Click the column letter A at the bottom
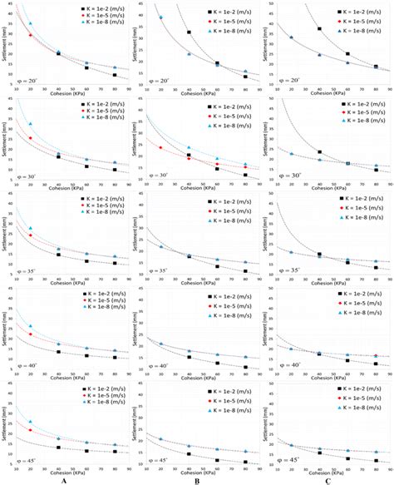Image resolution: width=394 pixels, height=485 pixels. [x=64, y=479]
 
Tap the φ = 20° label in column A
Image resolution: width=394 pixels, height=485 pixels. [x=27, y=81]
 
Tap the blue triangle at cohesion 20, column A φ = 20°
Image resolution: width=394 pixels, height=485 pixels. [x=31, y=24]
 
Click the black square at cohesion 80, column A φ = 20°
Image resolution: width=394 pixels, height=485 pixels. [x=115, y=75]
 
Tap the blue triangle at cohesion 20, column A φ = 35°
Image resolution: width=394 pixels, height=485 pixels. [x=31, y=228]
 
